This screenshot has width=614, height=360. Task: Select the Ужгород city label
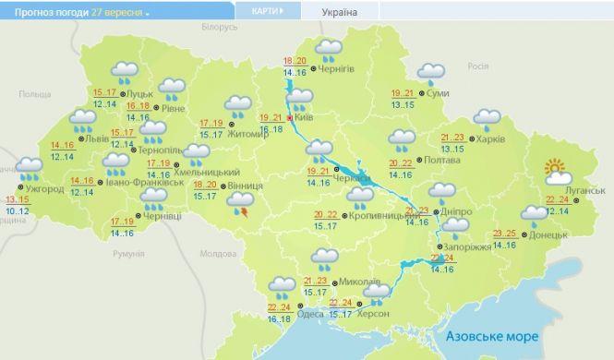pyautogui.click(x=43, y=189)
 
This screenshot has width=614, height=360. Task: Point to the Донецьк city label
pyautogui.click(x=550, y=234)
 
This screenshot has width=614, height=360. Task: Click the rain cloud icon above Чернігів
pyautogui.click(x=328, y=50)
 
